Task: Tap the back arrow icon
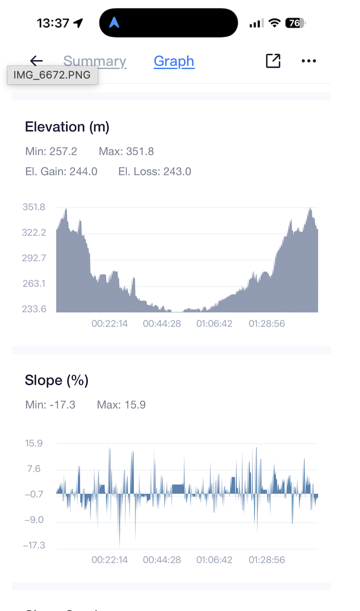click(36, 61)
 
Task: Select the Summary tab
click(95, 61)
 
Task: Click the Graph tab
click(174, 61)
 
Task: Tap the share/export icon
click(273, 61)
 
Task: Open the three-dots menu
click(309, 61)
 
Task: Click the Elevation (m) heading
click(67, 127)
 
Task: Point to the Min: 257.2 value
click(51, 152)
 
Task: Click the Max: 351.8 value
click(126, 152)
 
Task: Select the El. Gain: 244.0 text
click(61, 171)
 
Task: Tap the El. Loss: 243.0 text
click(155, 171)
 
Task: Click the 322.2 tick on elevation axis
click(34, 233)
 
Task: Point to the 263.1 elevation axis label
click(34, 283)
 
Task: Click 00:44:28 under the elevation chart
click(162, 324)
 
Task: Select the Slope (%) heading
click(56, 380)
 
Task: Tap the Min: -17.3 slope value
click(50, 405)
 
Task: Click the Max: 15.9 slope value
click(121, 405)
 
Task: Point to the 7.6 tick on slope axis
click(34, 469)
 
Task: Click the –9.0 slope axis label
click(34, 520)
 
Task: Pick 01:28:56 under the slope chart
click(267, 560)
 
